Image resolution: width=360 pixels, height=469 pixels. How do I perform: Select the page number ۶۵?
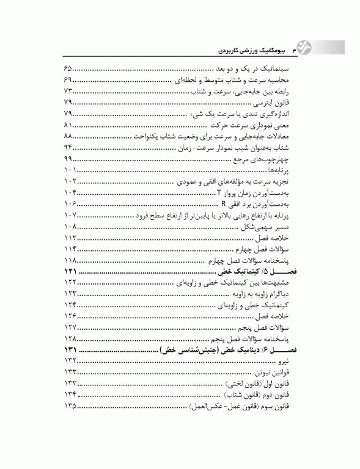(68, 69)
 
